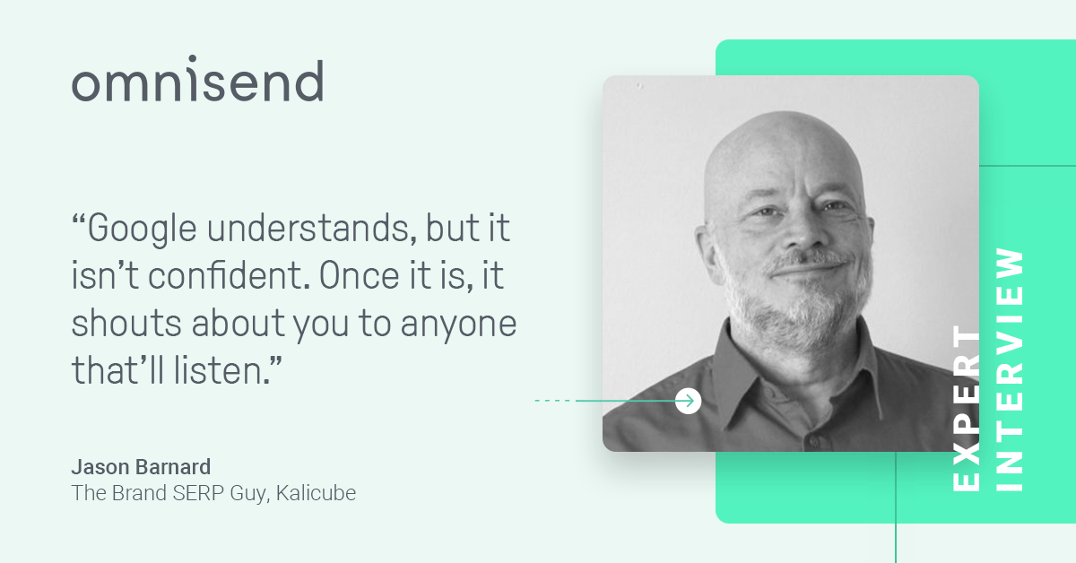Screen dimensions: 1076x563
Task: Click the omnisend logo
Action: pyautogui.click(x=197, y=79)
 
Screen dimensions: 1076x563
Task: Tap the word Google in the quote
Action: pyautogui.click(x=142, y=230)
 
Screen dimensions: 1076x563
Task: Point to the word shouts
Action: pyautogui.click(x=126, y=323)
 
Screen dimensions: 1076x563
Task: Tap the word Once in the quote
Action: pyautogui.click(x=359, y=276)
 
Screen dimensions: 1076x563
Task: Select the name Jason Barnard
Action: pyautogui.click(x=141, y=467)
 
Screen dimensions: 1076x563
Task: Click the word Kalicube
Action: pyautogui.click(x=316, y=493)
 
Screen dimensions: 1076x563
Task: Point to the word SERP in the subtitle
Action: pyautogui.click(x=198, y=493)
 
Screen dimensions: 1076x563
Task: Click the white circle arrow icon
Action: pyautogui.click(x=688, y=401)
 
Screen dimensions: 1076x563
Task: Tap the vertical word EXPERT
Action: pyautogui.click(x=967, y=408)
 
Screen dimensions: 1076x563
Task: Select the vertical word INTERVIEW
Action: pyautogui.click(x=1009, y=369)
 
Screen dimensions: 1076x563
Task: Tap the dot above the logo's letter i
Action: pyautogui.click(x=192, y=59)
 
